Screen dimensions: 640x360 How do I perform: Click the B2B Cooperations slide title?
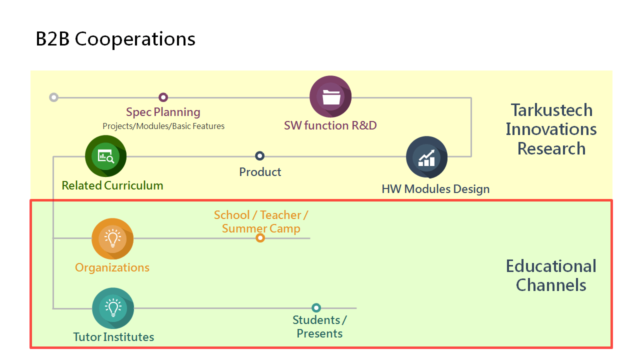[115, 39]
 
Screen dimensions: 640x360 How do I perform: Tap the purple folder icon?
[330, 96]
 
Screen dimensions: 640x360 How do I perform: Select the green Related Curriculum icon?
[105, 156]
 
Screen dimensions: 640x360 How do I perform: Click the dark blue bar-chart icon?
[427, 157]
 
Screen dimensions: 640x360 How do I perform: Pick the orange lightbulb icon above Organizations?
[112, 239]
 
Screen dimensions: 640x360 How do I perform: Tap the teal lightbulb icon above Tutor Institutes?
[113, 308]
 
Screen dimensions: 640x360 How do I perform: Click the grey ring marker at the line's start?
[53, 97]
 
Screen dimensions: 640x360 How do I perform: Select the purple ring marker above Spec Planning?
[163, 97]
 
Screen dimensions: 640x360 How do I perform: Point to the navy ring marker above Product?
[259, 156]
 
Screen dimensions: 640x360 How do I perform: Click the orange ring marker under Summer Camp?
[260, 237]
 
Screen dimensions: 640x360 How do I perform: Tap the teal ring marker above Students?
[316, 307]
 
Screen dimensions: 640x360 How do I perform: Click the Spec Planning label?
[163, 112]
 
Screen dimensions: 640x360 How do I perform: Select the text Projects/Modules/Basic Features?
[163, 126]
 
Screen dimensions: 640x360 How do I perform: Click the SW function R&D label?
[330, 125]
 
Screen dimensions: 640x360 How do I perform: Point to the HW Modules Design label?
[435, 189]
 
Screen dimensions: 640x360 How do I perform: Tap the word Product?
[260, 172]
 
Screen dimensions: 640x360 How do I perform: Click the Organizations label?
[112, 268]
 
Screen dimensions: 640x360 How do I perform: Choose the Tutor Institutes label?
[113, 337]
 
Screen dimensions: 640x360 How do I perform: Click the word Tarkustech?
[551, 110]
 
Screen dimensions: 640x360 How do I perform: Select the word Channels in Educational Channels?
[551, 285]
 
